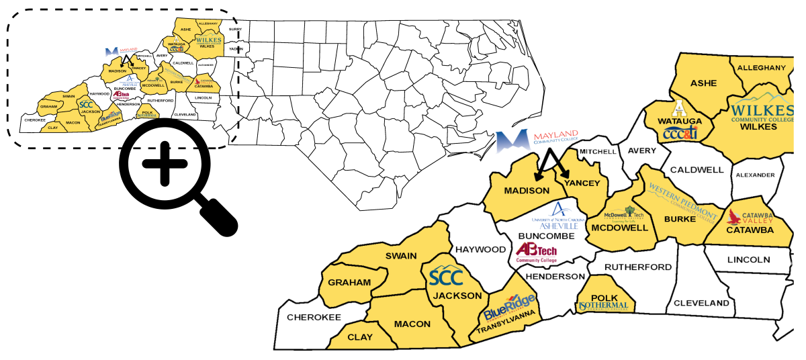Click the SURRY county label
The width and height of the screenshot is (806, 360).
point(235,30)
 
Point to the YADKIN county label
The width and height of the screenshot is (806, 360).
point(236,49)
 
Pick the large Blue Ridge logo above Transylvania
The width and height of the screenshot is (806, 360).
point(509,308)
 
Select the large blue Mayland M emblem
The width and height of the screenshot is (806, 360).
point(512,142)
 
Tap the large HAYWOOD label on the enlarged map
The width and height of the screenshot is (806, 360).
point(481,250)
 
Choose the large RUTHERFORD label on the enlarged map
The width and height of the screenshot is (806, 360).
point(638,267)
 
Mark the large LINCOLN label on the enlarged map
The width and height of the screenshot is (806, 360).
point(748,259)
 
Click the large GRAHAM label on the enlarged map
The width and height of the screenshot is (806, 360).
point(349,282)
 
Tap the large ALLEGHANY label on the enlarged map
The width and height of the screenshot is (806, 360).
point(761,68)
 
